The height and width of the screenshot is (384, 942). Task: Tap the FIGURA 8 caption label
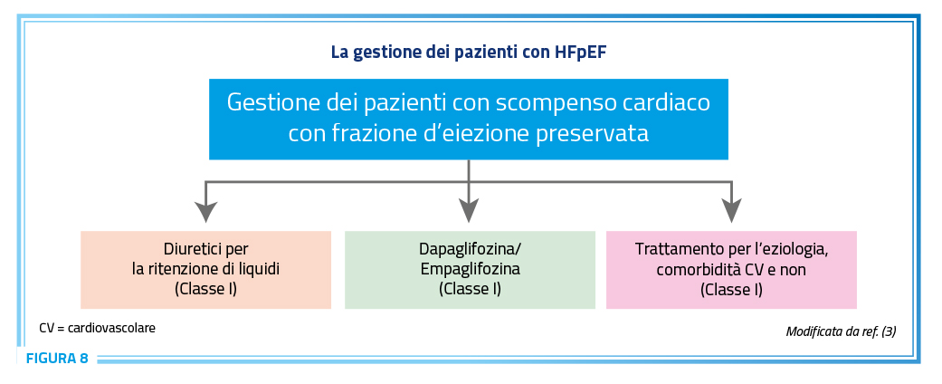click(57, 359)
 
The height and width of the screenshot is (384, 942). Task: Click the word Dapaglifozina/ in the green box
click(470, 249)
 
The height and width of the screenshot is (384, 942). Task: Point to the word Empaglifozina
click(470, 269)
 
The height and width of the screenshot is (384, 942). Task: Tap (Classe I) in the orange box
click(206, 289)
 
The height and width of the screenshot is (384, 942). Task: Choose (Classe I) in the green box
click(470, 289)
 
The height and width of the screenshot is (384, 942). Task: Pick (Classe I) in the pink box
click(731, 289)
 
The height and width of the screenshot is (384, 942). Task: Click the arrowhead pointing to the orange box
click(206, 211)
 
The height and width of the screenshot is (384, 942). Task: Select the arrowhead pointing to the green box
click(469, 211)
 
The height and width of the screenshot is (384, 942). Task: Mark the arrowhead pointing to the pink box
click(731, 211)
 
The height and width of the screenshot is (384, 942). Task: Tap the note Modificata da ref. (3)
click(841, 331)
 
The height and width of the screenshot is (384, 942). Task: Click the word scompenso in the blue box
click(552, 102)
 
